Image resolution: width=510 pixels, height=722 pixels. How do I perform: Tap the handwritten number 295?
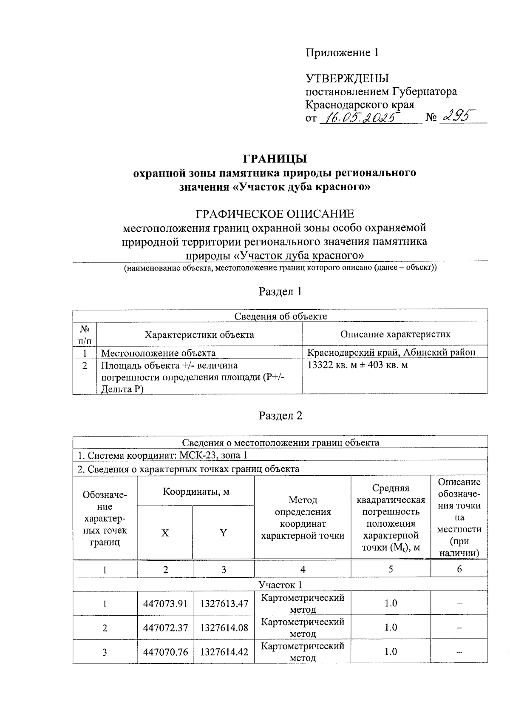[458, 116]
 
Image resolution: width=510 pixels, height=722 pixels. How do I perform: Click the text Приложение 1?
[342, 53]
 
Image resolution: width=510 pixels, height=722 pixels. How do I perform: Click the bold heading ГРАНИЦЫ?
[274, 159]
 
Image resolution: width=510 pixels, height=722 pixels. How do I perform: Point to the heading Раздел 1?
[280, 292]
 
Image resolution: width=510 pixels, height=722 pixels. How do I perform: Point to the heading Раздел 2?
[280, 416]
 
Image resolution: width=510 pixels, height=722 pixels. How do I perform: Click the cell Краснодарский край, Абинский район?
[391, 352]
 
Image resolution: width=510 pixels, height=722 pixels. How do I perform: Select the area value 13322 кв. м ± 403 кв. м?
[357, 365]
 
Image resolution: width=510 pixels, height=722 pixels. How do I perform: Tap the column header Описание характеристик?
[395, 334]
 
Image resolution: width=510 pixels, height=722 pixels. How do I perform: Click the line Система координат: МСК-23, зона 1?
[162, 456]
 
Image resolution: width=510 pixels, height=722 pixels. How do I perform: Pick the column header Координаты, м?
[196, 492]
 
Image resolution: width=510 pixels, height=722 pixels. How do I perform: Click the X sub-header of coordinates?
[165, 533]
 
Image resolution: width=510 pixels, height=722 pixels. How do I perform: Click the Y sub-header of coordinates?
[223, 533]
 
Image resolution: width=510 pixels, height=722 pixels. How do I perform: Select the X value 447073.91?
[165, 604]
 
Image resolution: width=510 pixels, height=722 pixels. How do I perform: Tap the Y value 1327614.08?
[224, 628]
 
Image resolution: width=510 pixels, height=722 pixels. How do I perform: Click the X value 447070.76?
[165, 652]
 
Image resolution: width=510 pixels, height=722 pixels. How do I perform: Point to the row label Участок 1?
[280, 585]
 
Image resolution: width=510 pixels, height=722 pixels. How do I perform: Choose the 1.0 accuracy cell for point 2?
[391, 628]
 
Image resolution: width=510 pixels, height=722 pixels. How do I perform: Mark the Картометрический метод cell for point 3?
[302, 652]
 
